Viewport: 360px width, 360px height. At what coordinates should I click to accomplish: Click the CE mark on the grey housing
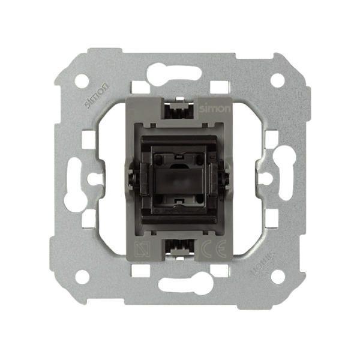(205, 249)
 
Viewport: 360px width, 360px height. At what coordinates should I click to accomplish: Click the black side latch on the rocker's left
(131, 178)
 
